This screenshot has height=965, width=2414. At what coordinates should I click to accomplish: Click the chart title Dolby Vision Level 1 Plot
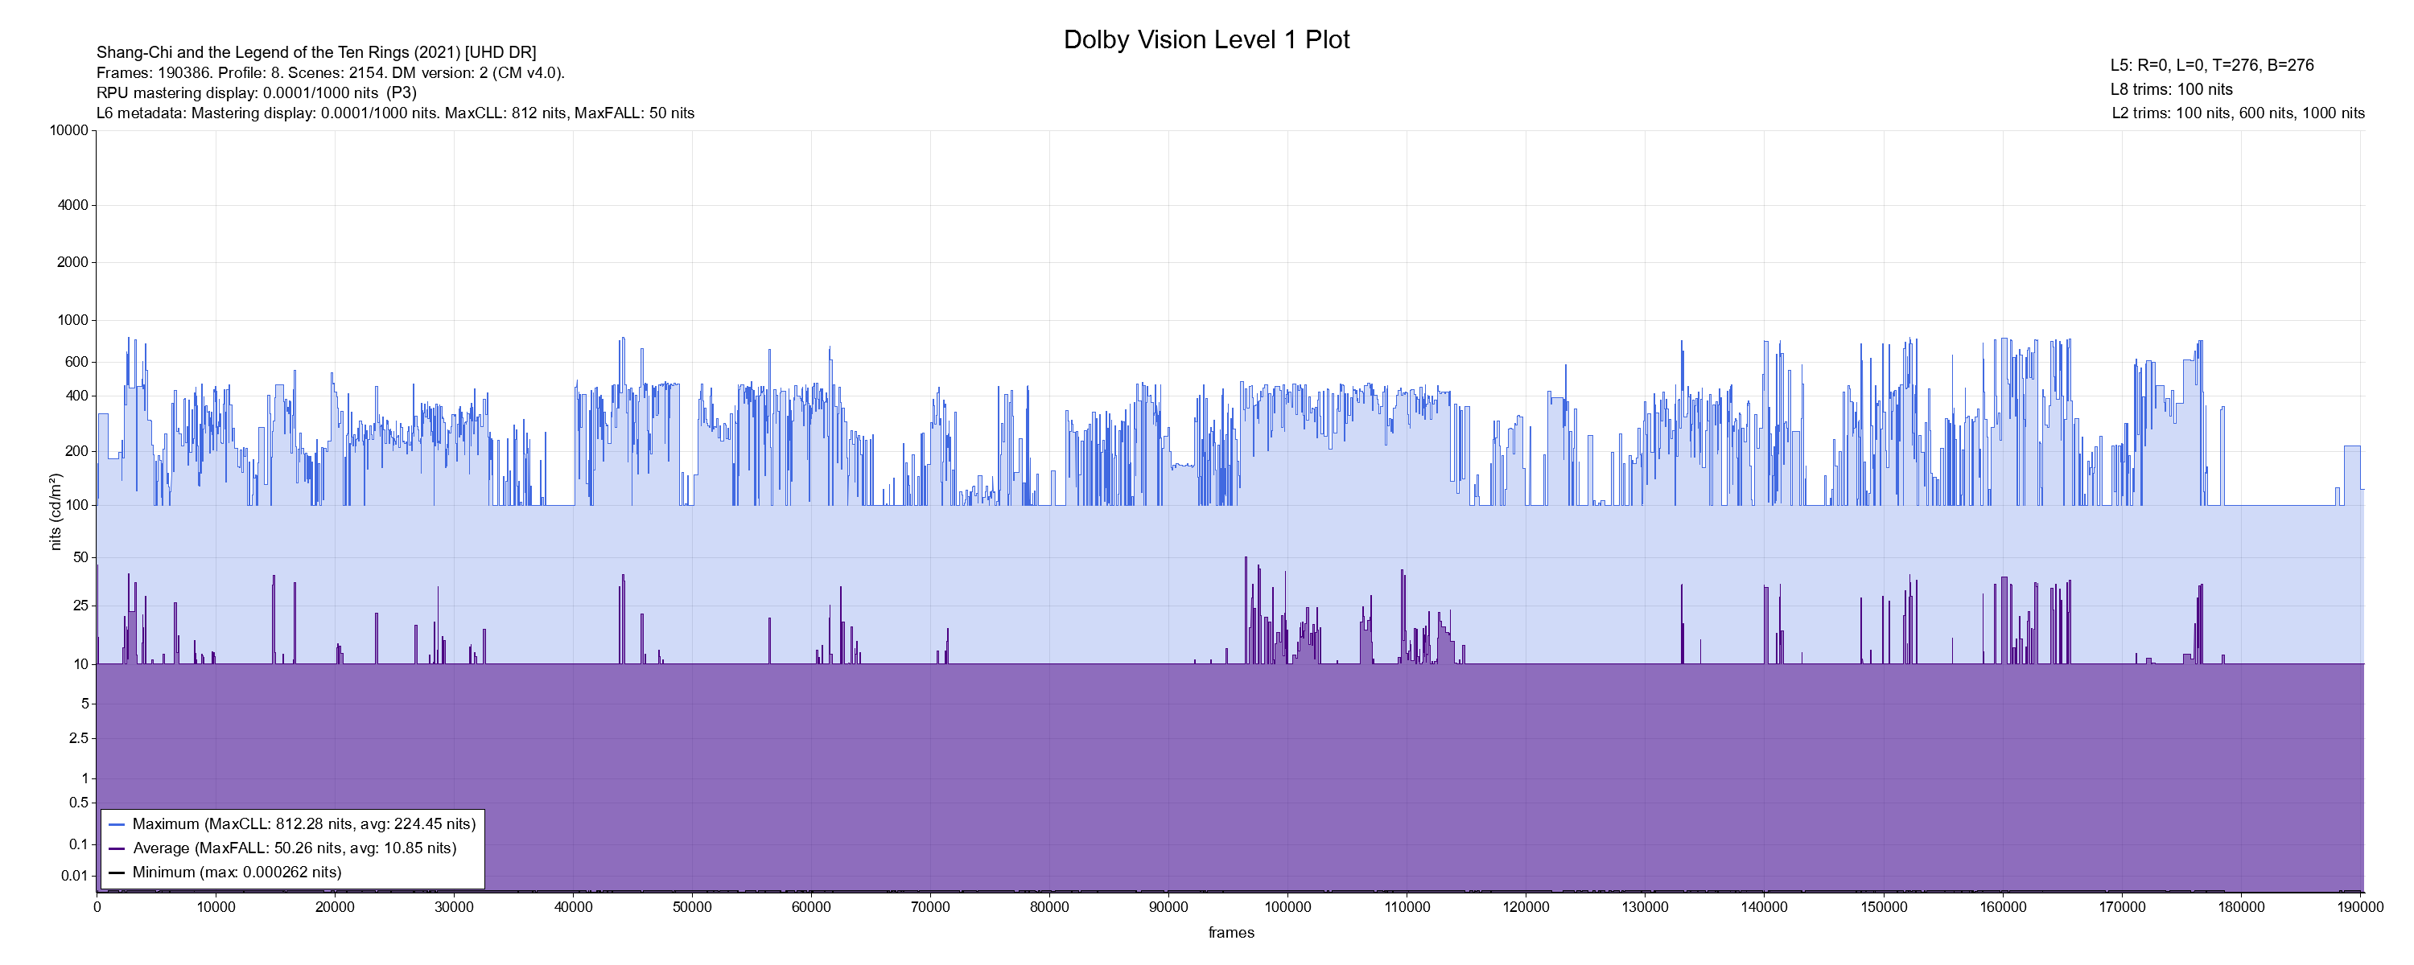coord(1206,39)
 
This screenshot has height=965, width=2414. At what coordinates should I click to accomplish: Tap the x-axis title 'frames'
coord(1230,932)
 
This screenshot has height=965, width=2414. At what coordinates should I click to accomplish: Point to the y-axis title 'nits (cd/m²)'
coord(56,511)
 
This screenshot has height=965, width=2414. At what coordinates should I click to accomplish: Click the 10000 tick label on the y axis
coord(69,130)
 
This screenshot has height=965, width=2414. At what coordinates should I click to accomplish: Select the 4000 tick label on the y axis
coord(73,205)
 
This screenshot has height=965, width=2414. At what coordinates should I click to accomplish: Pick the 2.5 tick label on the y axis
coord(79,738)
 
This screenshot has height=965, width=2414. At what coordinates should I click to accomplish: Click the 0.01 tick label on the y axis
coord(75,876)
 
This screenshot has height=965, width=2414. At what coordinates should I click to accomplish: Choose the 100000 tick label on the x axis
coord(1287,907)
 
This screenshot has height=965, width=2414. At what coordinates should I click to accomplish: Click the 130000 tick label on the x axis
coord(1645,907)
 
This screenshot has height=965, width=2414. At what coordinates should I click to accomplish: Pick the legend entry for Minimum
coord(236,873)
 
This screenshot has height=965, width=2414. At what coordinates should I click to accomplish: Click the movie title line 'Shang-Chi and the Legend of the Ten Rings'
coord(315,52)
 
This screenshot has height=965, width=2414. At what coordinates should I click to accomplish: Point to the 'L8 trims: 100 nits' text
coord(2171,89)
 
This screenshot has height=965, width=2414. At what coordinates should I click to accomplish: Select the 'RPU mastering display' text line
coord(256,92)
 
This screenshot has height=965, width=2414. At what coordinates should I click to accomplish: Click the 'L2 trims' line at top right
coord(2238,113)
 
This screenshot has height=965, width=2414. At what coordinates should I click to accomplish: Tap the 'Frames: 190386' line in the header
coord(330,72)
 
